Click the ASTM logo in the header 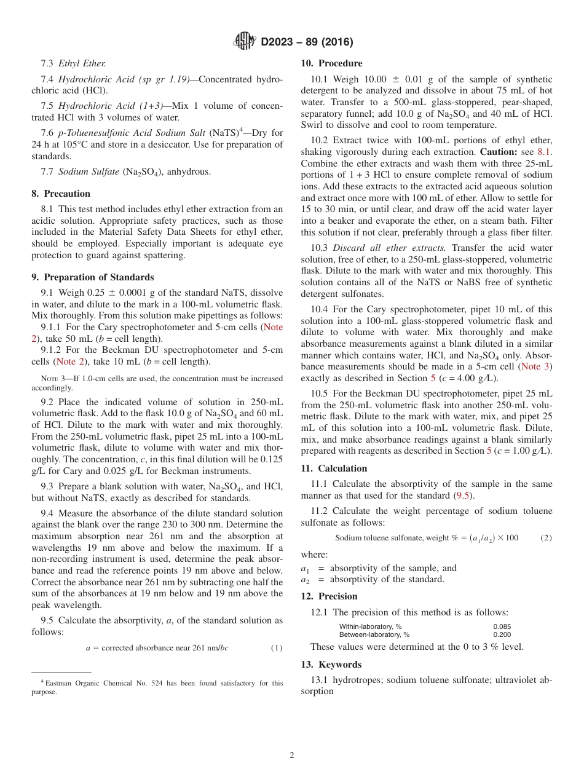244,41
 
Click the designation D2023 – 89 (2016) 307,42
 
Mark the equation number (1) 277,648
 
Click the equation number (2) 546,538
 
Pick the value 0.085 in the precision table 502,626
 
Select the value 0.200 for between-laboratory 502,634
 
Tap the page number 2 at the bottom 292,756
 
